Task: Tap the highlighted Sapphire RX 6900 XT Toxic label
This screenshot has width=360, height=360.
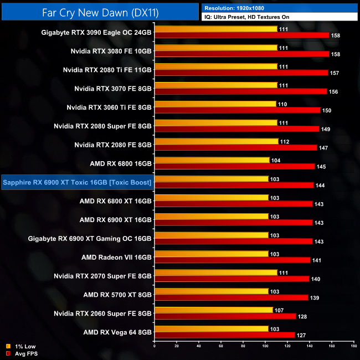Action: (78, 182)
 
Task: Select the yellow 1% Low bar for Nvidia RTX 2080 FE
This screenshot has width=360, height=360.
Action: (217, 141)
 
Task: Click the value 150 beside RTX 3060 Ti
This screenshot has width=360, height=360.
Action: (327, 111)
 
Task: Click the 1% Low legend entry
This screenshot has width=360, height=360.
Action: (22, 347)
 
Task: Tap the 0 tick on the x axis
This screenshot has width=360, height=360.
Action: (155, 347)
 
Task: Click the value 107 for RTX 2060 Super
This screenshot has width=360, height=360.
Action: (280, 310)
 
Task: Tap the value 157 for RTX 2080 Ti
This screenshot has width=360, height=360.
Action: (335, 73)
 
